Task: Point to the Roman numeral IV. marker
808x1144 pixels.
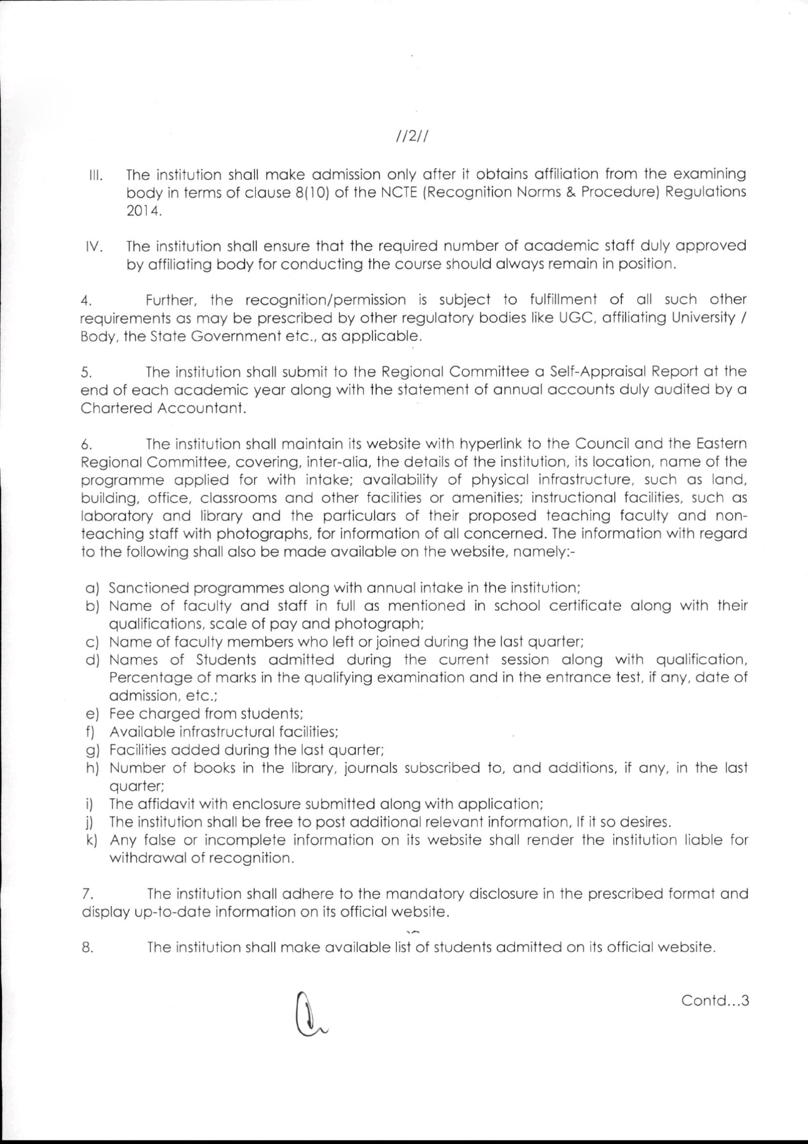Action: click(x=94, y=248)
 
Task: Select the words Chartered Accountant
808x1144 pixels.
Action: click(x=163, y=408)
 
